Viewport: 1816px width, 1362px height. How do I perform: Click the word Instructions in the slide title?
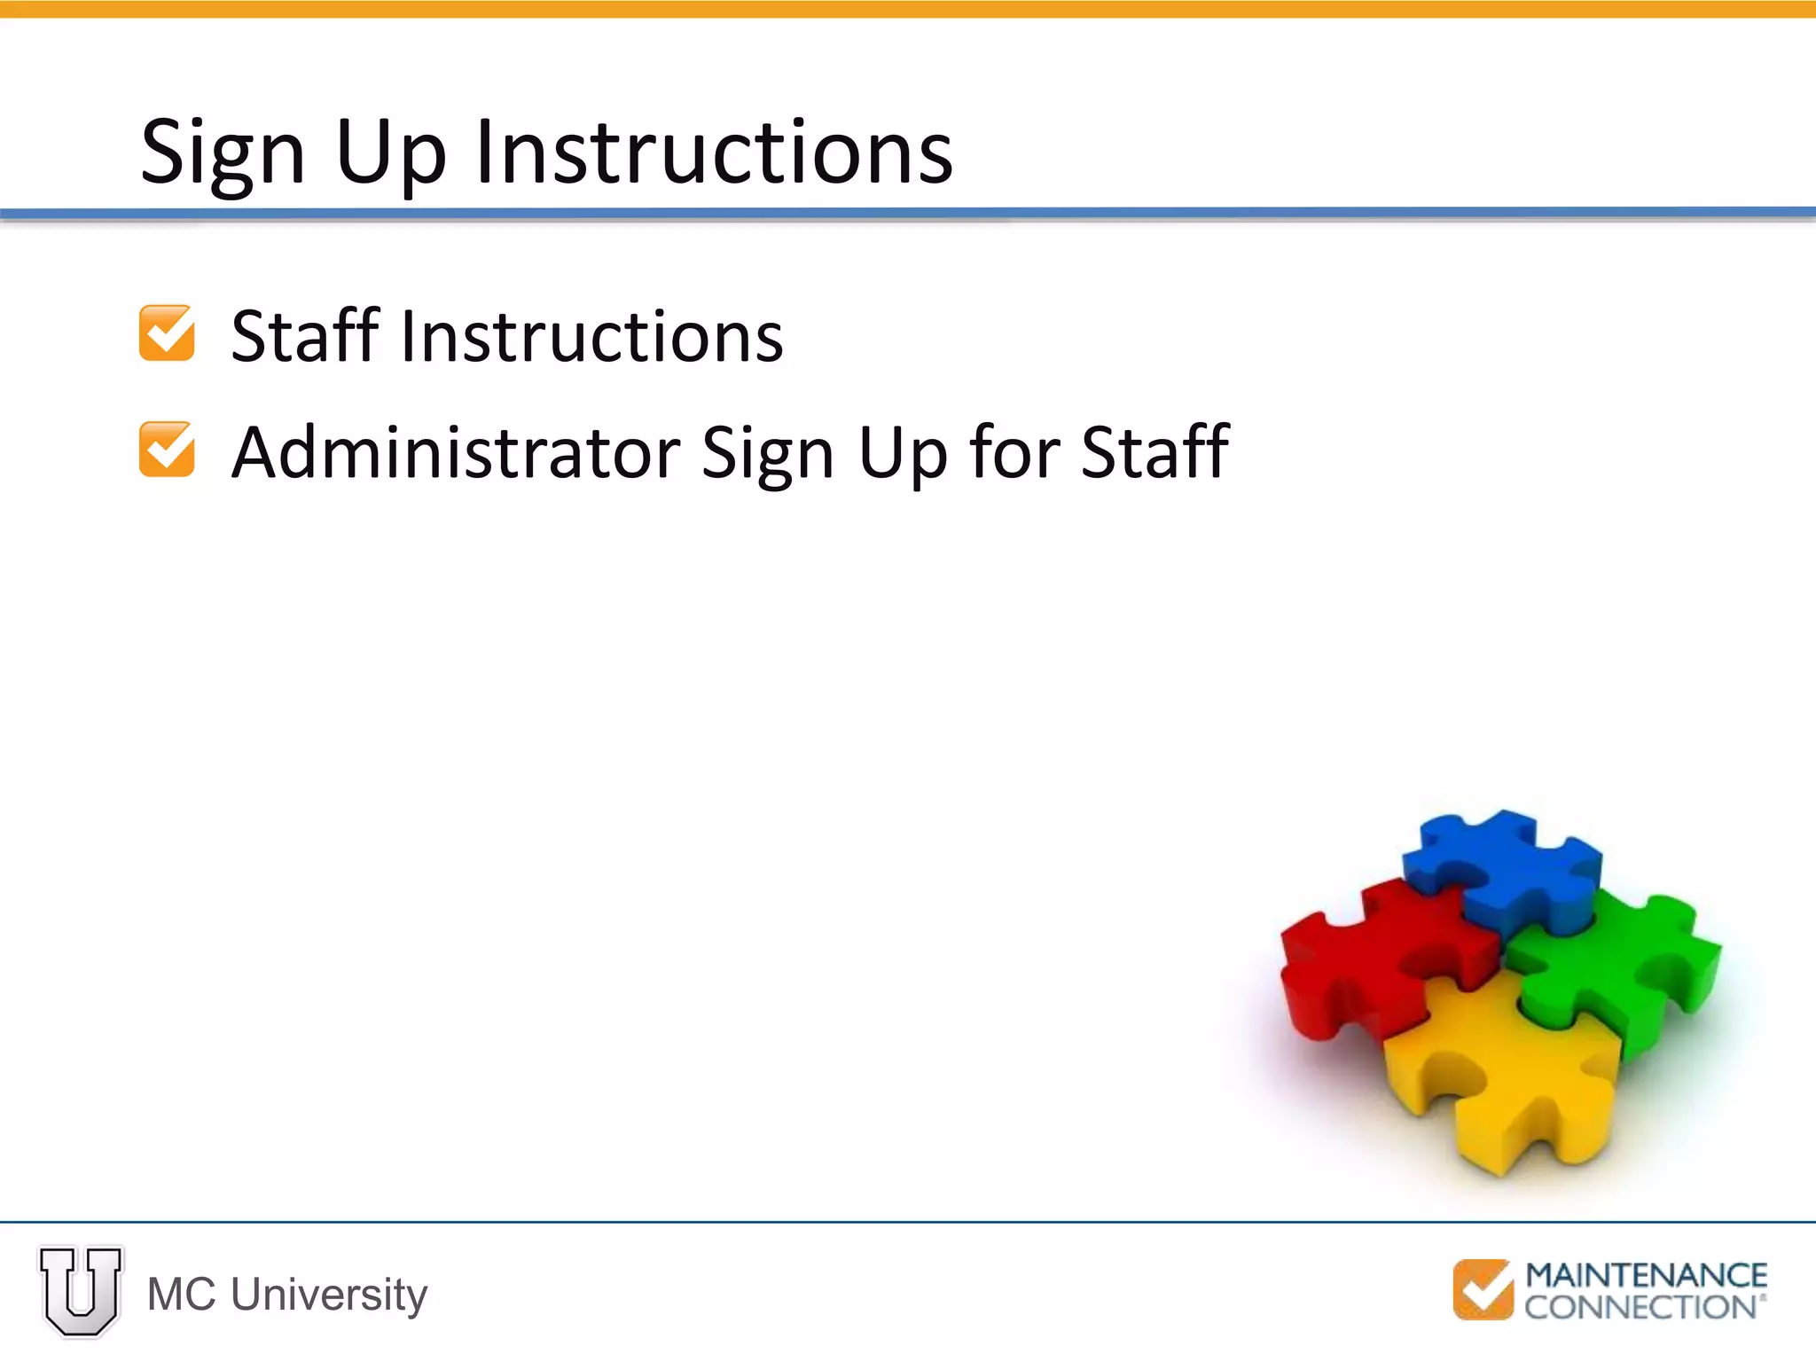pos(714,153)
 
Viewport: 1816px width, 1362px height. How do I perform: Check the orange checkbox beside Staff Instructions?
pos(167,333)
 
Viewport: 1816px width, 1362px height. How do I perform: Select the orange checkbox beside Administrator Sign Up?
pos(167,450)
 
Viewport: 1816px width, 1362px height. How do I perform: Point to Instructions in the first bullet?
pos(592,337)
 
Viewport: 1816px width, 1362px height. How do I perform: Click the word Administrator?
pos(455,452)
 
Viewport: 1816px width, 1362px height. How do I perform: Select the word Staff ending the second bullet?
pos(1155,452)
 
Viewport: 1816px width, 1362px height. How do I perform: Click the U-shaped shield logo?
pos(81,1291)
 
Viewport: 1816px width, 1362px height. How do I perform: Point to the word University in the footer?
pos(329,1295)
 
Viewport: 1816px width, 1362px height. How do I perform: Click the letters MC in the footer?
pos(181,1295)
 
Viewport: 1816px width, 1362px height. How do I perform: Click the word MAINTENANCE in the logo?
pos(1646,1275)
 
